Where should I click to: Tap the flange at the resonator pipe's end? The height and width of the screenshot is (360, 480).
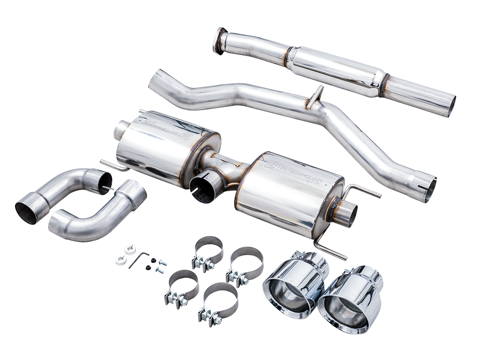(x=220, y=41)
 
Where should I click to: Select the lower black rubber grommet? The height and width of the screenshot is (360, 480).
(x=148, y=267)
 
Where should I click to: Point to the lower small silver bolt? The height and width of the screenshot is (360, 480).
(x=160, y=270)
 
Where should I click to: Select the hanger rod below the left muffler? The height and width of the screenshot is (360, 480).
(x=113, y=165)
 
